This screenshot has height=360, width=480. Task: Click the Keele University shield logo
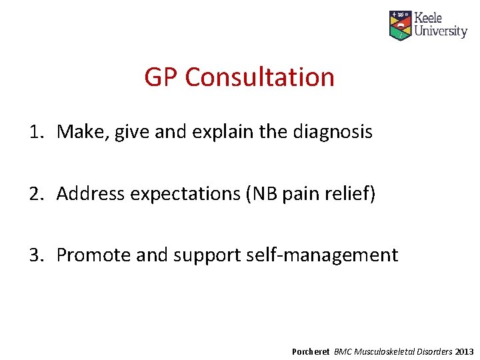click(401, 25)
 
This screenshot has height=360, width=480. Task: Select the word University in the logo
click(441, 31)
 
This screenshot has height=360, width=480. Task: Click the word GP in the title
click(161, 77)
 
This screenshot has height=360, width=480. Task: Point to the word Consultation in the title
click(259, 77)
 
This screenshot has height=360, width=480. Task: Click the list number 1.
click(34, 132)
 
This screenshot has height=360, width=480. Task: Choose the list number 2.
click(34, 193)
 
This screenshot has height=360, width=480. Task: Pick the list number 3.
click(34, 255)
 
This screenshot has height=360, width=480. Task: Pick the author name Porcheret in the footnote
click(311, 351)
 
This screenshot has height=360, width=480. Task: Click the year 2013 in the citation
click(465, 351)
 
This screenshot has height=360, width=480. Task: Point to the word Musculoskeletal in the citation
click(388, 351)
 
